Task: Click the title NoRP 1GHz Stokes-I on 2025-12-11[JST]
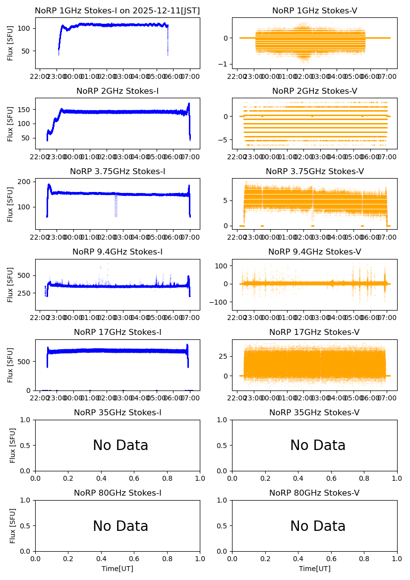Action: pyautogui.click(x=117, y=11)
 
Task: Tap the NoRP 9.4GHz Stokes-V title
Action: pyautogui.click(x=314, y=252)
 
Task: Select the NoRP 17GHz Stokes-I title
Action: pyautogui.click(x=117, y=332)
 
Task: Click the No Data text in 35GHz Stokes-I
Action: pyautogui.click(x=120, y=446)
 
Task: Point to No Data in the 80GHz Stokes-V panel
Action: pyautogui.click(x=318, y=526)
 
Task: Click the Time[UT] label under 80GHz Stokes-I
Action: pyautogui.click(x=117, y=569)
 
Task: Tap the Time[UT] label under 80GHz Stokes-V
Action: pyautogui.click(x=314, y=569)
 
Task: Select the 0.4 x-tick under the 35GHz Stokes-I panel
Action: pyautogui.click(x=101, y=478)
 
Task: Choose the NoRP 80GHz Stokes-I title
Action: pyautogui.click(x=117, y=493)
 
